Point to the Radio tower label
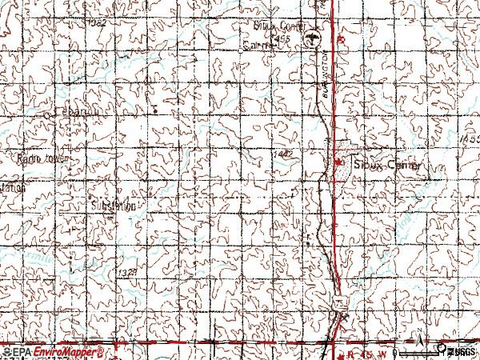(x=40, y=159)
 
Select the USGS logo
(x=459, y=351)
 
